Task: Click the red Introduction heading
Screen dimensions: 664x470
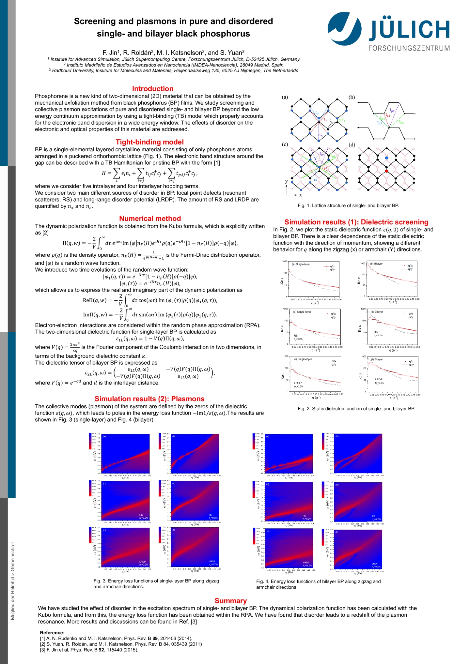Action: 152,89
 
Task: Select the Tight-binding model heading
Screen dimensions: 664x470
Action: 149,142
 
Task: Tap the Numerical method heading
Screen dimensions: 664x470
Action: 150,219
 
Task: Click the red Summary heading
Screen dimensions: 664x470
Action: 230,600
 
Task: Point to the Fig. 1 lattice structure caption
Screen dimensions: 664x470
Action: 348,205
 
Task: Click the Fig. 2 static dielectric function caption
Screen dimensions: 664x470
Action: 356,409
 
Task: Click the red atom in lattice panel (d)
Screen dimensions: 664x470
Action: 386,171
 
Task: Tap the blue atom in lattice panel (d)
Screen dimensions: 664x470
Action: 386,158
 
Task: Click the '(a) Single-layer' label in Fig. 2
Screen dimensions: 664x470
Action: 301,264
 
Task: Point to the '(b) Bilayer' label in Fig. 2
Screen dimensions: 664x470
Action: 376,264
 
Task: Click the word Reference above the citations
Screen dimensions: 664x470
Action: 52,632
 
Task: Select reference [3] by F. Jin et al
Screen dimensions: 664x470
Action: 89,650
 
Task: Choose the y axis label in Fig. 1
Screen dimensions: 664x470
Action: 287,181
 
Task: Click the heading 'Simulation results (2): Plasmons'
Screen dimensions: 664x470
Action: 149,399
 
